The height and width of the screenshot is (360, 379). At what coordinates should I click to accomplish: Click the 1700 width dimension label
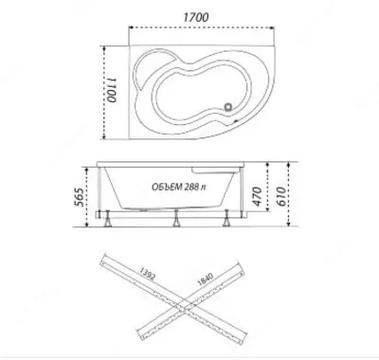(196, 17)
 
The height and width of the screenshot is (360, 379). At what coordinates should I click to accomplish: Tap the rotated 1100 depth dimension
(112, 90)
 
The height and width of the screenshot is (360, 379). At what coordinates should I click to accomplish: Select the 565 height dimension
(80, 197)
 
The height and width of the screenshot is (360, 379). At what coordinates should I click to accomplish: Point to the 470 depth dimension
(257, 196)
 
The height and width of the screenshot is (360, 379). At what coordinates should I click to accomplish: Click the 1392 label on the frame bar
(148, 274)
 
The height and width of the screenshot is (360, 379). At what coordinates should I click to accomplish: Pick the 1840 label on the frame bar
(206, 279)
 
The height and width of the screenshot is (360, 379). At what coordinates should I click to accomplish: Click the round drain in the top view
(228, 107)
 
